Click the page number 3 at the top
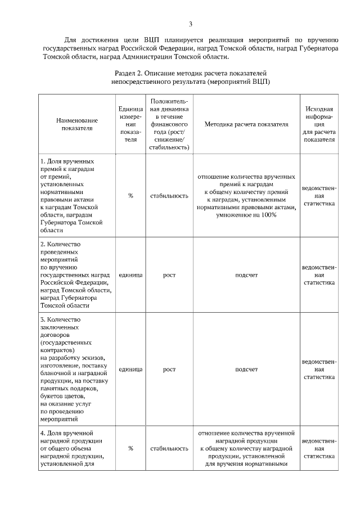191,24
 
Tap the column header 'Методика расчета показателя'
246,124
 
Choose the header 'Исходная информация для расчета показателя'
319,124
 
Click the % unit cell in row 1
130,195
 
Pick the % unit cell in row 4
130,448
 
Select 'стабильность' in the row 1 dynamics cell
169,195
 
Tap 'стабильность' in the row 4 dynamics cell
169,448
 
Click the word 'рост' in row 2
169,275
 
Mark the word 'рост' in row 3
169,370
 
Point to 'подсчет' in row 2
246,275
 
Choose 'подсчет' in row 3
246,370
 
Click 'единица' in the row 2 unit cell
130,275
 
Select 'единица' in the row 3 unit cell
130,370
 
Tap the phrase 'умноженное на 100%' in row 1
246,215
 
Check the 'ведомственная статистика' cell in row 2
319,275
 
